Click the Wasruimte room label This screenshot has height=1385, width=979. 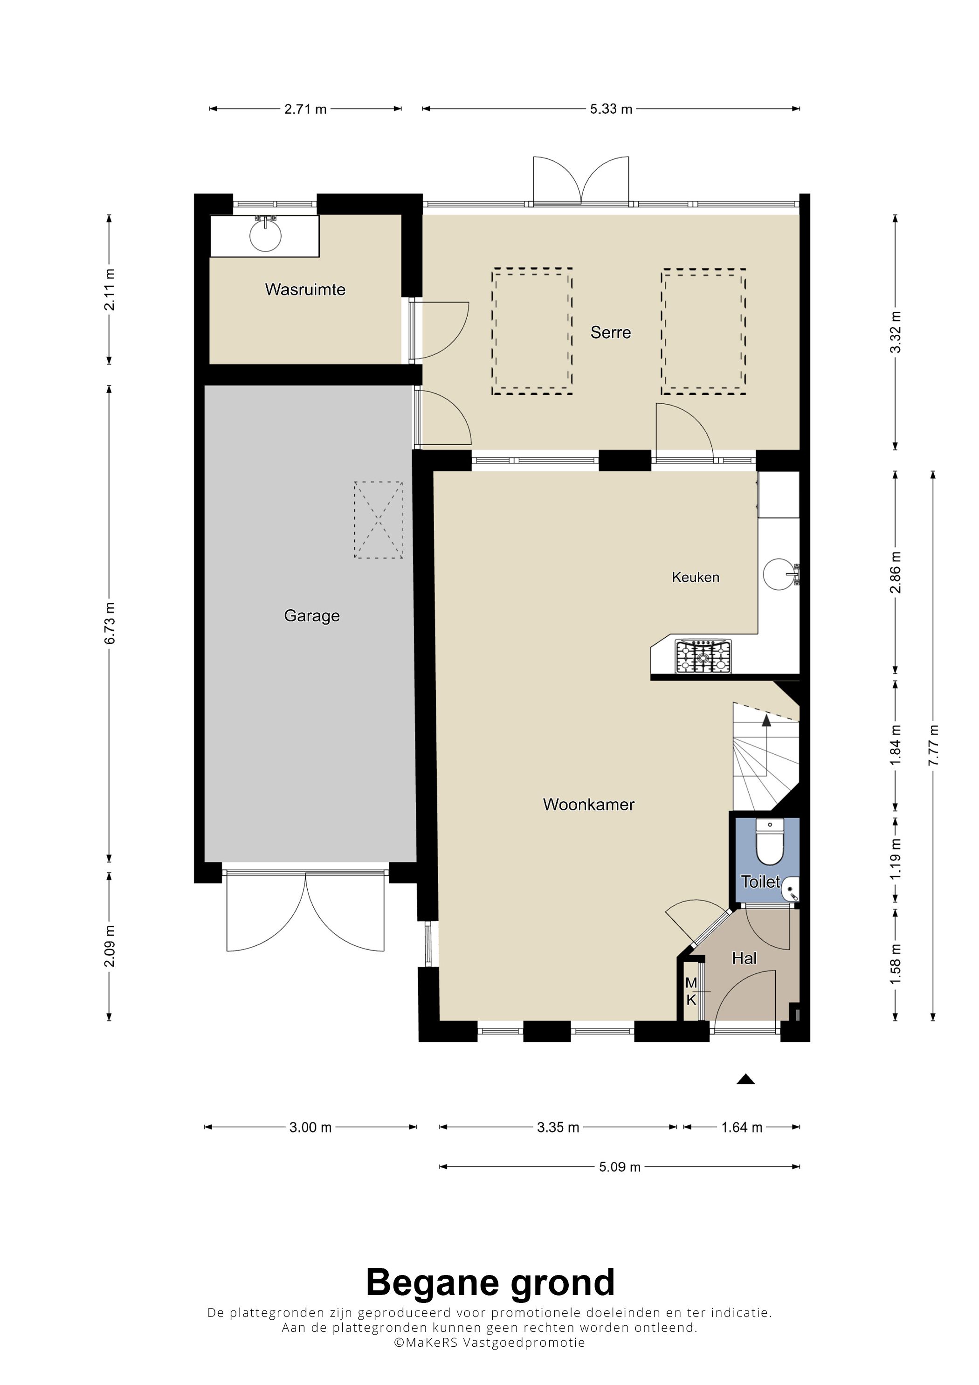[305, 289]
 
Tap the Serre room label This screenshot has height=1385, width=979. [610, 332]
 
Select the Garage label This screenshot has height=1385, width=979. [312, 616]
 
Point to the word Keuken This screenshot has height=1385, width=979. [696, 577]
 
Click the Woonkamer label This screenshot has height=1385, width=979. [589, 804]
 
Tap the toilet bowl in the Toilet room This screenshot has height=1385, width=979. [770, 841]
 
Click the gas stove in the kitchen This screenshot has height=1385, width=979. [703, 656]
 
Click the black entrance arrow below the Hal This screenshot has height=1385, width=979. [745, 1079]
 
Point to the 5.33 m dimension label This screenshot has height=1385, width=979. [611, 109]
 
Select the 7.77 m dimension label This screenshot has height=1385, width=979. [933, 745]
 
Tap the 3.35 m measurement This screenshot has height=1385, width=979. [558, 1127]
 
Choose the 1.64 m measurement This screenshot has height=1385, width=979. [742, 1127]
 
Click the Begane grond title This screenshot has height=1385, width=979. [490, 1282]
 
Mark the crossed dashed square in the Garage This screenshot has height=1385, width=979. [379, 519]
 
